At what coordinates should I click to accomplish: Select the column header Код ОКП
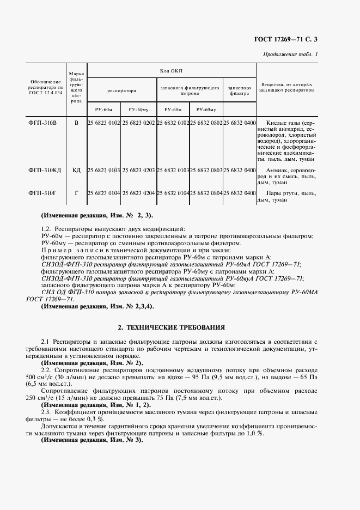tap(172, 71)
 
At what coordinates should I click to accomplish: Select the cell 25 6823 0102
tap(104, 123)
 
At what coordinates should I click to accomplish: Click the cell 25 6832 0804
tap(206, 193)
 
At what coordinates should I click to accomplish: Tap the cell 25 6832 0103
tap(173, 171)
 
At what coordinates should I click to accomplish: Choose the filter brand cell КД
tap(76, 171)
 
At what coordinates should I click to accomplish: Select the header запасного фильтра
tap(239, 90)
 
